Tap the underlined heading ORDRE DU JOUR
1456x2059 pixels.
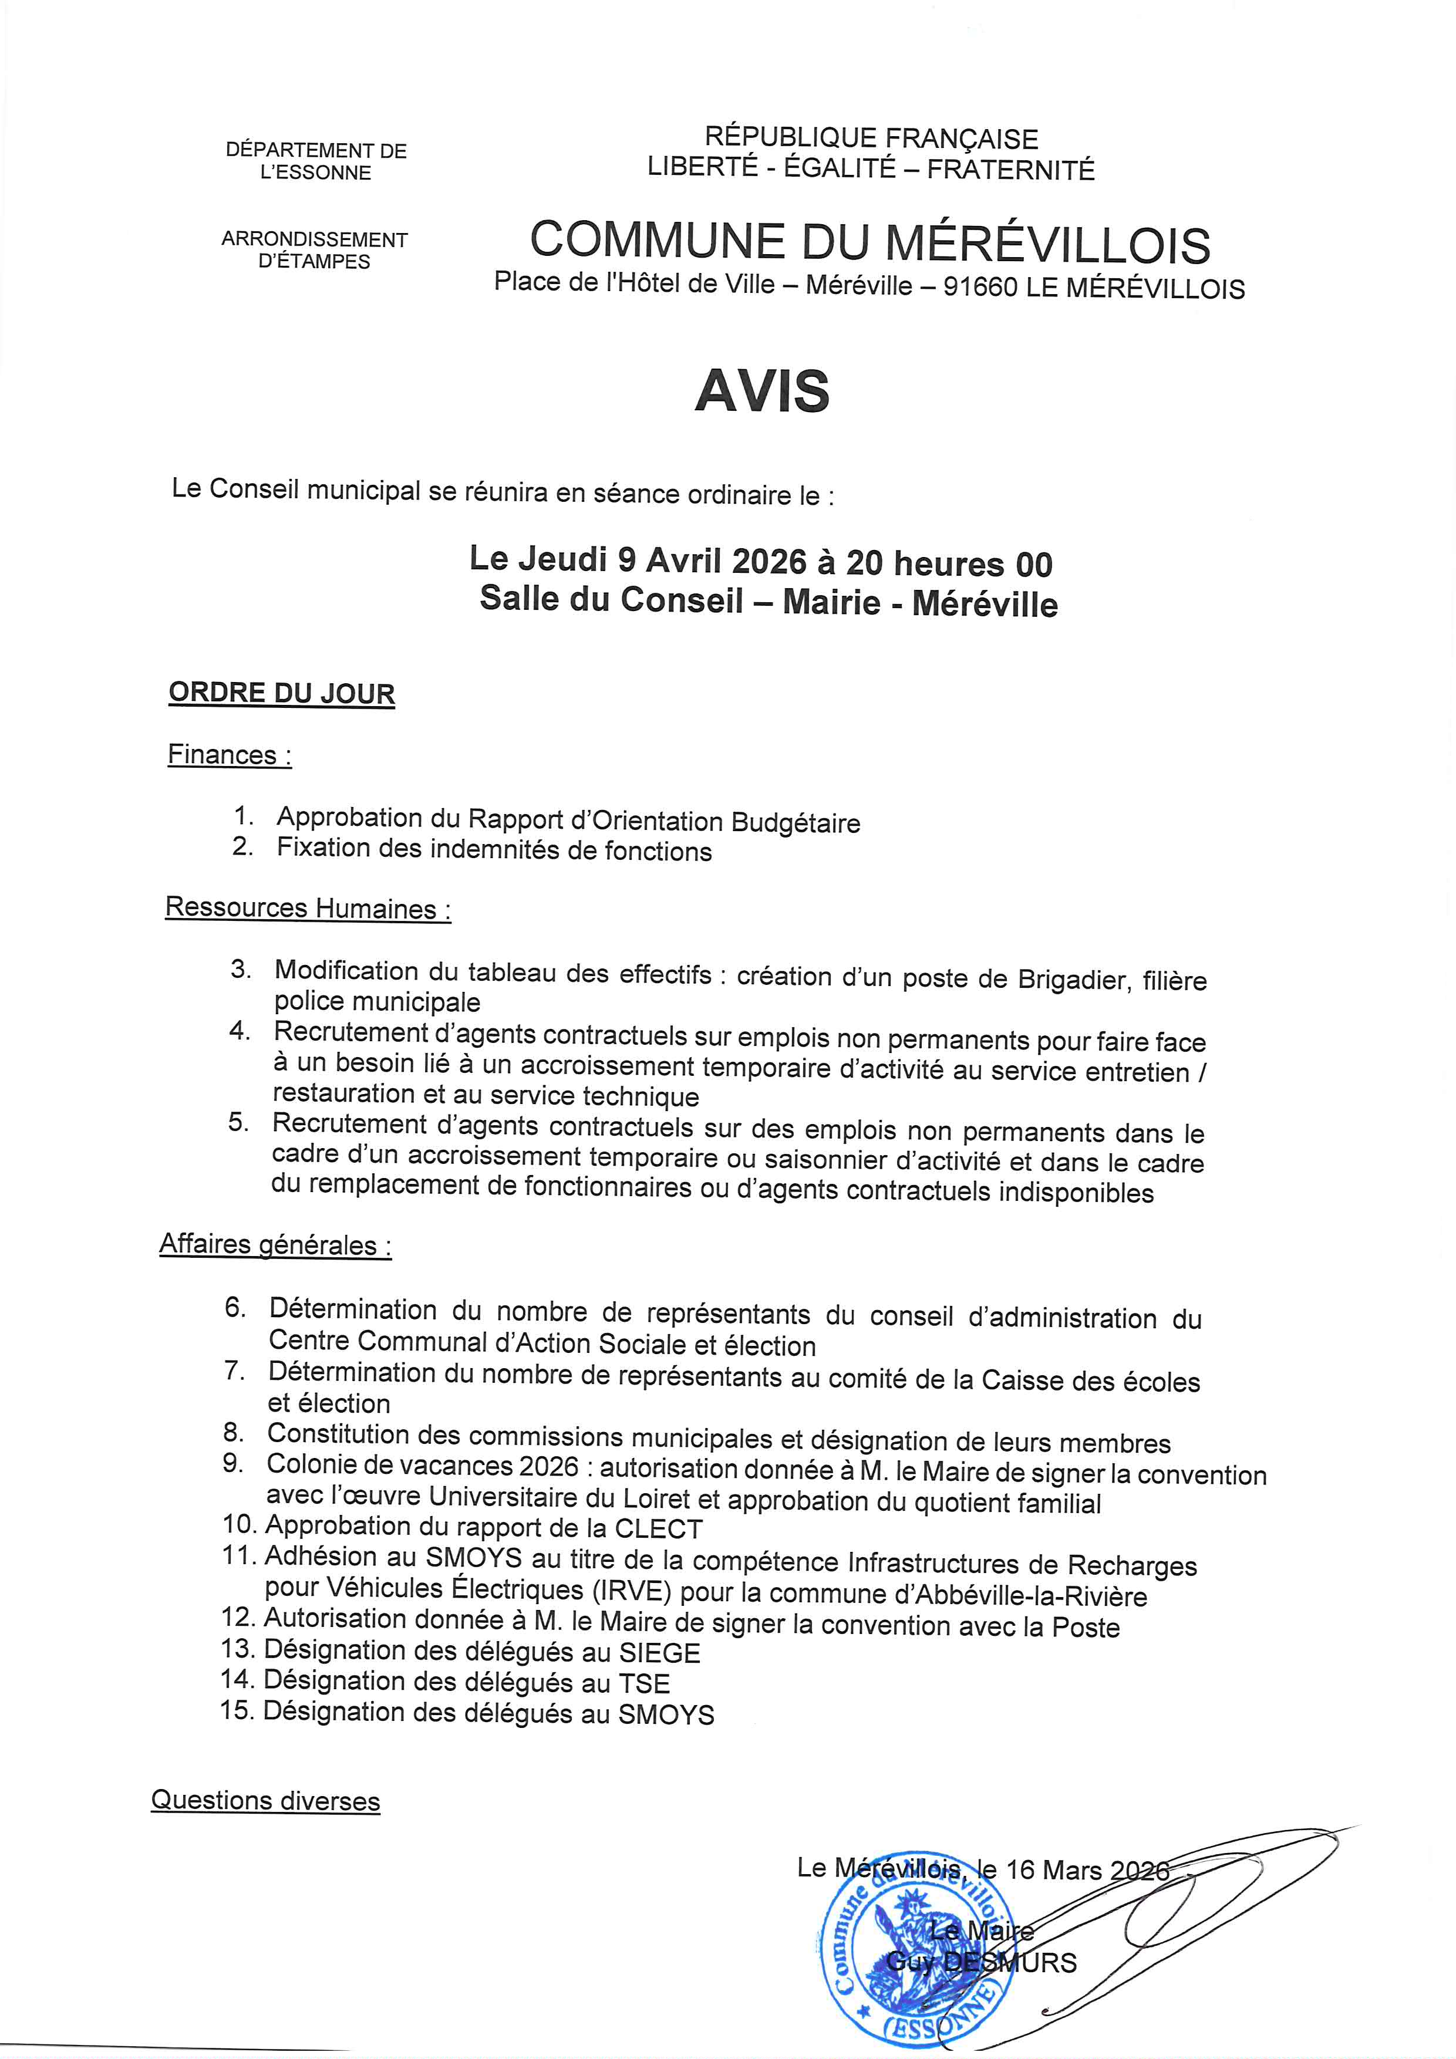pos(282,693)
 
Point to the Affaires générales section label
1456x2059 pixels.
pos(275,1245)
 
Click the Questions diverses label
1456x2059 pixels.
pos(265,1801)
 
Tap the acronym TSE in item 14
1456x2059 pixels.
pos(644,1683)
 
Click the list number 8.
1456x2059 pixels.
pos(233,1433)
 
